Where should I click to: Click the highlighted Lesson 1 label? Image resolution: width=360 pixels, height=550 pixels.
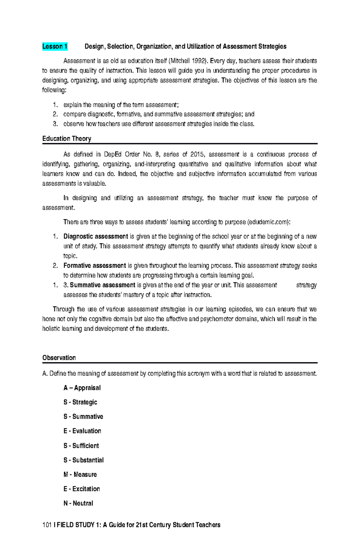(x=55, y=46)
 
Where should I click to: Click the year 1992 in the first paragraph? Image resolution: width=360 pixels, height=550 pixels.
(x=198, y=61)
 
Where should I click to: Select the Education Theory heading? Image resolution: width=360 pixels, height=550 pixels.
(x=67, y=139)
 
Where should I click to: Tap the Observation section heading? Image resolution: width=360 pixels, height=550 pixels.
(x=59, y=358)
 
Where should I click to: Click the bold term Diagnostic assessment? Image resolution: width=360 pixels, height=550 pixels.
(x=96, y=236)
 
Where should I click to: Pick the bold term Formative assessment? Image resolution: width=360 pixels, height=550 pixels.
(x=94, y=266)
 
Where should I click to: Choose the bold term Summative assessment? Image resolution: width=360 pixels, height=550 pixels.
(x=102, y=285)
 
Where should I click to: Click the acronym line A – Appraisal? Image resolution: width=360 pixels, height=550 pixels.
(x=82, y=388)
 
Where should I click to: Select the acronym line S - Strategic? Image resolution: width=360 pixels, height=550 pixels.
(x=80, y=402)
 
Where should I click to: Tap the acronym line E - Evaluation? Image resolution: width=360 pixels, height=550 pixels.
(x=82, y=431)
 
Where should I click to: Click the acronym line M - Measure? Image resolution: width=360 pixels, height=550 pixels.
(x=80, y=474)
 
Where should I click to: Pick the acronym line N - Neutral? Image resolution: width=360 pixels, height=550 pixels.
(x=78, y=503)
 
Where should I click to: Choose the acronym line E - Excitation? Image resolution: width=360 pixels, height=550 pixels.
(x=82, y=489)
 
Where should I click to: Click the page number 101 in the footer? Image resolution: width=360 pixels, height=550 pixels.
(x=47, y=525)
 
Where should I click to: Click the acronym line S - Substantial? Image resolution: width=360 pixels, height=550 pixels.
(x=83, y=460)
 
